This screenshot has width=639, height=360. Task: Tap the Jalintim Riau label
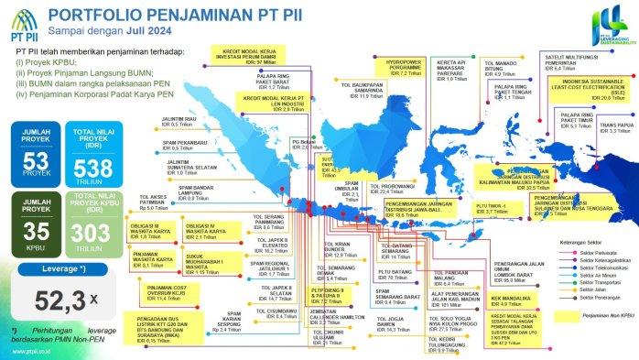click(181, 120)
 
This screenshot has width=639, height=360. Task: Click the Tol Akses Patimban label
click(158, 201)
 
